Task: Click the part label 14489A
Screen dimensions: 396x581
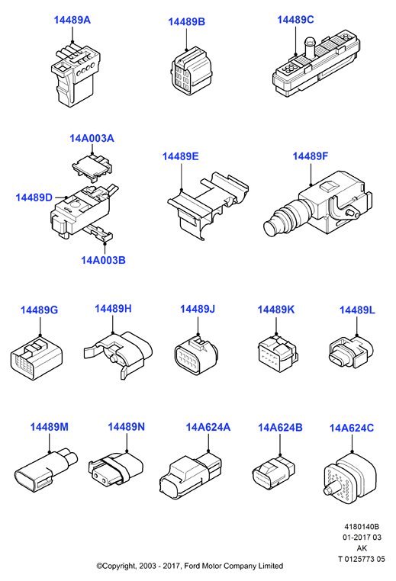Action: (x=72, y=20)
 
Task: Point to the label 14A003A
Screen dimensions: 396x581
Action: (x=92, y=138)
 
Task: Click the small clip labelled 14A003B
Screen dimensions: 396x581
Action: (x=98, y=233)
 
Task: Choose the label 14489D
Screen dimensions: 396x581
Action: (x=34, y=197)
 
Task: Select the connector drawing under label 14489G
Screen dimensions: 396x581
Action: (x=37, y=358)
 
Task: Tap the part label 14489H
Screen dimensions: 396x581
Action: (x=113, y=308)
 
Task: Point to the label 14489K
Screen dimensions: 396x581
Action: (x=276, y=310)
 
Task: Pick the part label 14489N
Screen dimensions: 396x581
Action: (x=126, y=426)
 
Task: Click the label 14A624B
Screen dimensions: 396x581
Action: (x=280, y=427)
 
